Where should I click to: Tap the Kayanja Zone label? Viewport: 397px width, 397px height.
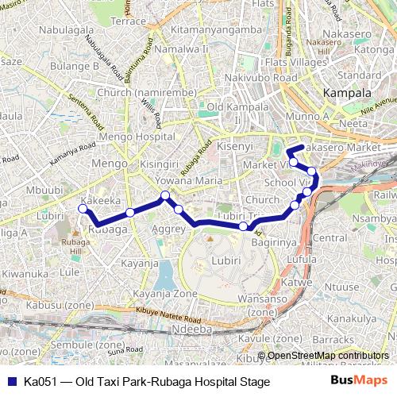click(x=165, y=294)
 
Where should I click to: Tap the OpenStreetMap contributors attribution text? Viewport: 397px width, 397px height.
click(x=329, y=355)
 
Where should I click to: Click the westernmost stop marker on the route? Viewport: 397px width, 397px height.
click(x=82, y=209)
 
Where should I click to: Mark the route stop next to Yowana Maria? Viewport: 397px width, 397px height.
click(x=165, y=195)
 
